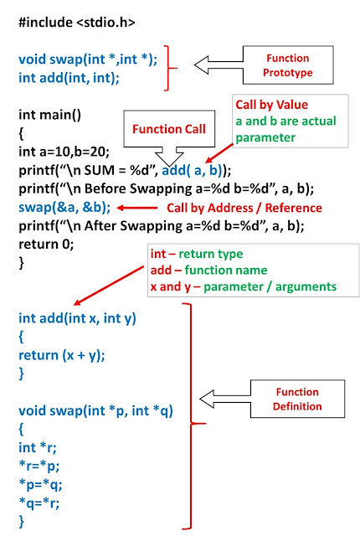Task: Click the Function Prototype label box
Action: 286,66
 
